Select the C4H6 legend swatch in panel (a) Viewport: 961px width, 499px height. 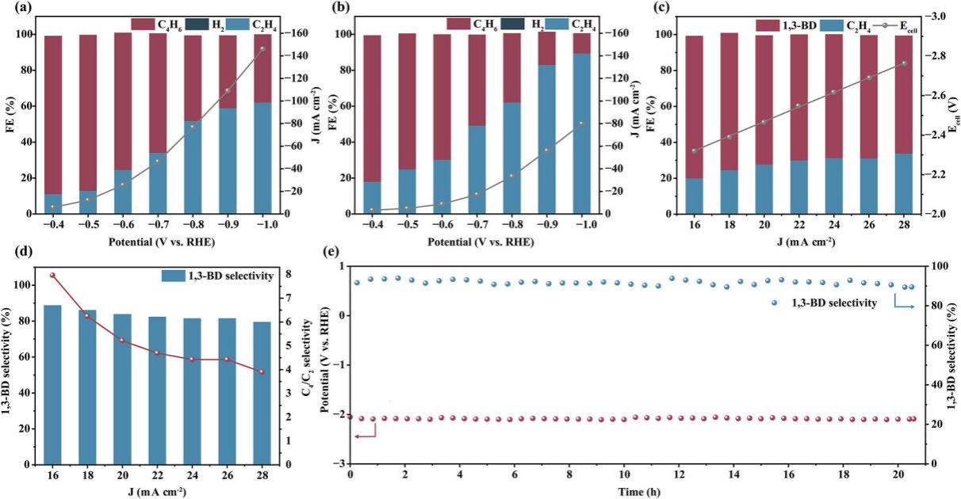tap(143, 25)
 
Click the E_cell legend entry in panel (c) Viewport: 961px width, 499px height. tap(893, 25)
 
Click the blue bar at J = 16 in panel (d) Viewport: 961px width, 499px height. tap(53, 384)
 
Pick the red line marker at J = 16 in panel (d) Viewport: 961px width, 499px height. tap(53, 275)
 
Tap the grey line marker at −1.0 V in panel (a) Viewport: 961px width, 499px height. tap(263, 49)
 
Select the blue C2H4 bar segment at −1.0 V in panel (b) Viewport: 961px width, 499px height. tap(582, 133)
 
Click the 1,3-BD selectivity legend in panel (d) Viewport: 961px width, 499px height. tap(217, 276)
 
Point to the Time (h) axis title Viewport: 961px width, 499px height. tap(639, 492)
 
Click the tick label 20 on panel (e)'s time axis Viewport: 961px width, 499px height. tap(898, 475)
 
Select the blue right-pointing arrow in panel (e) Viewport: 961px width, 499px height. tap(904, 301)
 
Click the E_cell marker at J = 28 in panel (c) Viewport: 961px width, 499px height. tap(904, 63)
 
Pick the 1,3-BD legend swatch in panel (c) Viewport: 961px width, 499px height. tap(768, 25)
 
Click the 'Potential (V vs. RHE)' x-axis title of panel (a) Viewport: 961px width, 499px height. tap(161, 242)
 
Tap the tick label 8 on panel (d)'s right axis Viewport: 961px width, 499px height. tap(289, 274)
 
